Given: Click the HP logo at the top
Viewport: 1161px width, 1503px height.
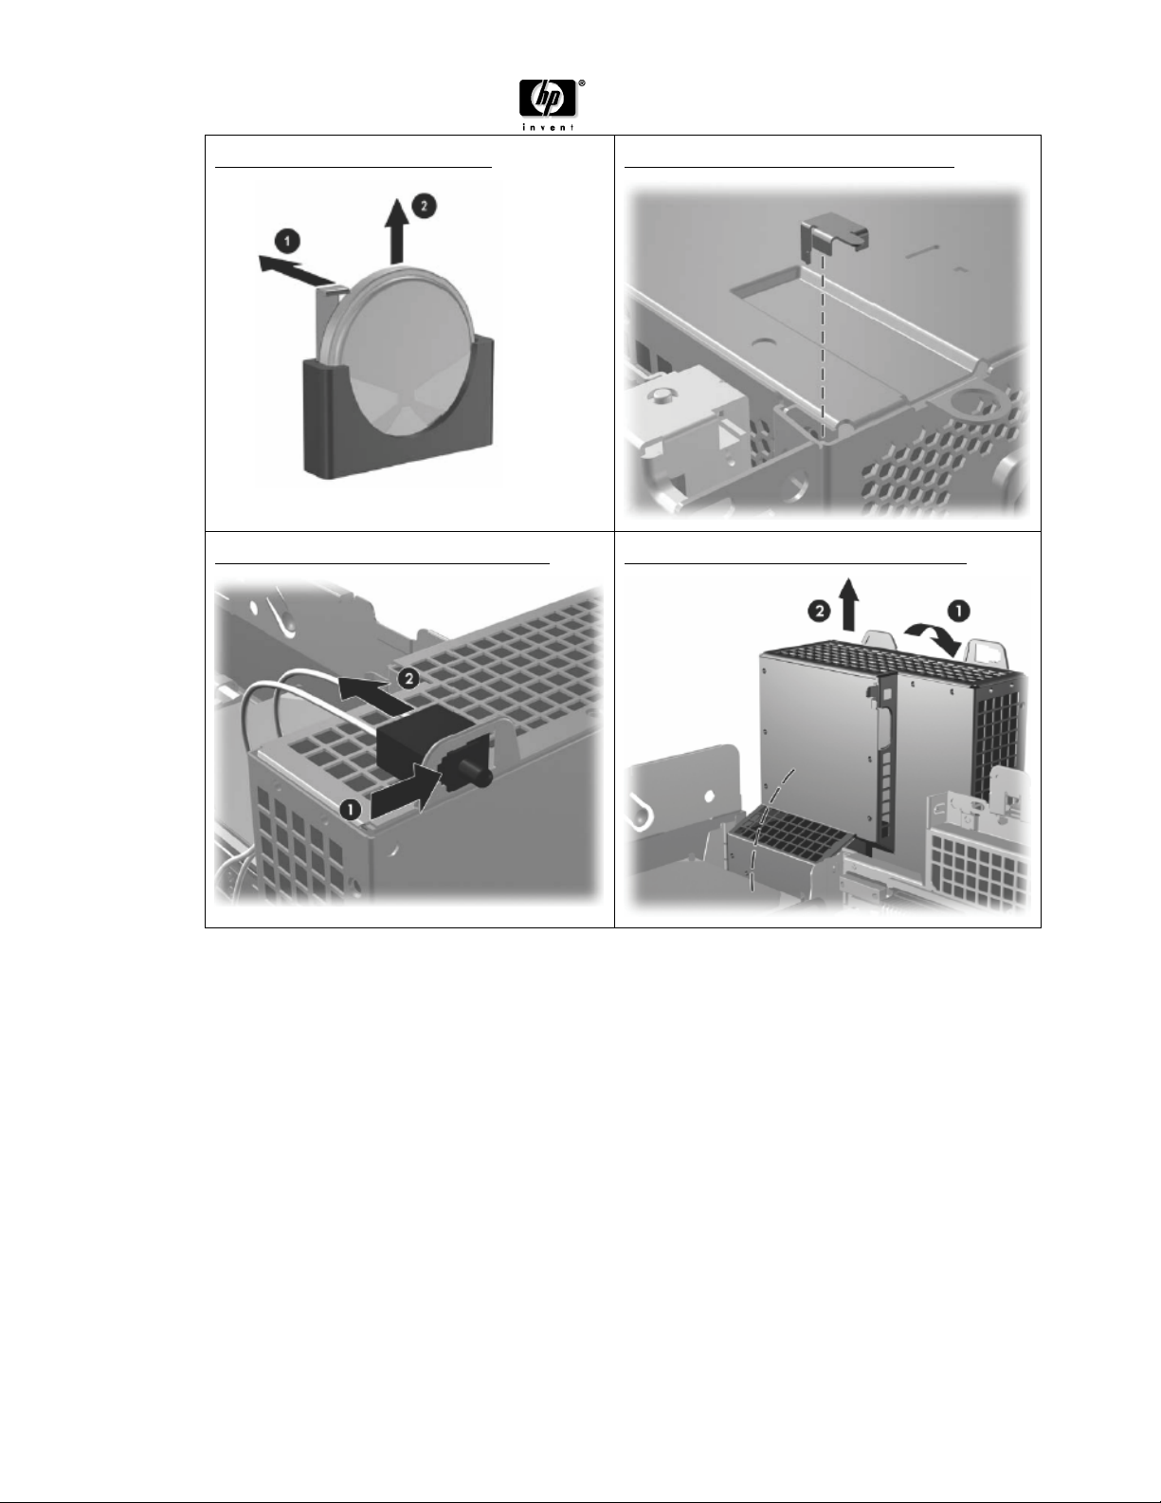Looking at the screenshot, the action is pos(548,99).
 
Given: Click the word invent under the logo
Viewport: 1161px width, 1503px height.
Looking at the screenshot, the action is pos(548,127).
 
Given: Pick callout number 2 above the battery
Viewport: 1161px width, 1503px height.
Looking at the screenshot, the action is pos(424,207).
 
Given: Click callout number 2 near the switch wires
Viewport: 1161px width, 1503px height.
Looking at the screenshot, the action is pos(408,679).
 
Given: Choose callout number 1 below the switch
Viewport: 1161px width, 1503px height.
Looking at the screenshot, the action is pos(351,809).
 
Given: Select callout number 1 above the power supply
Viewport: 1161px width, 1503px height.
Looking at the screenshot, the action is pos(958,611).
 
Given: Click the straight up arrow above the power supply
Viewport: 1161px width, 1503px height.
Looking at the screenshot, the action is pos(848,605).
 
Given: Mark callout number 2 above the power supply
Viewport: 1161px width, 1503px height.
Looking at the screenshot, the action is pos(819,612).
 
